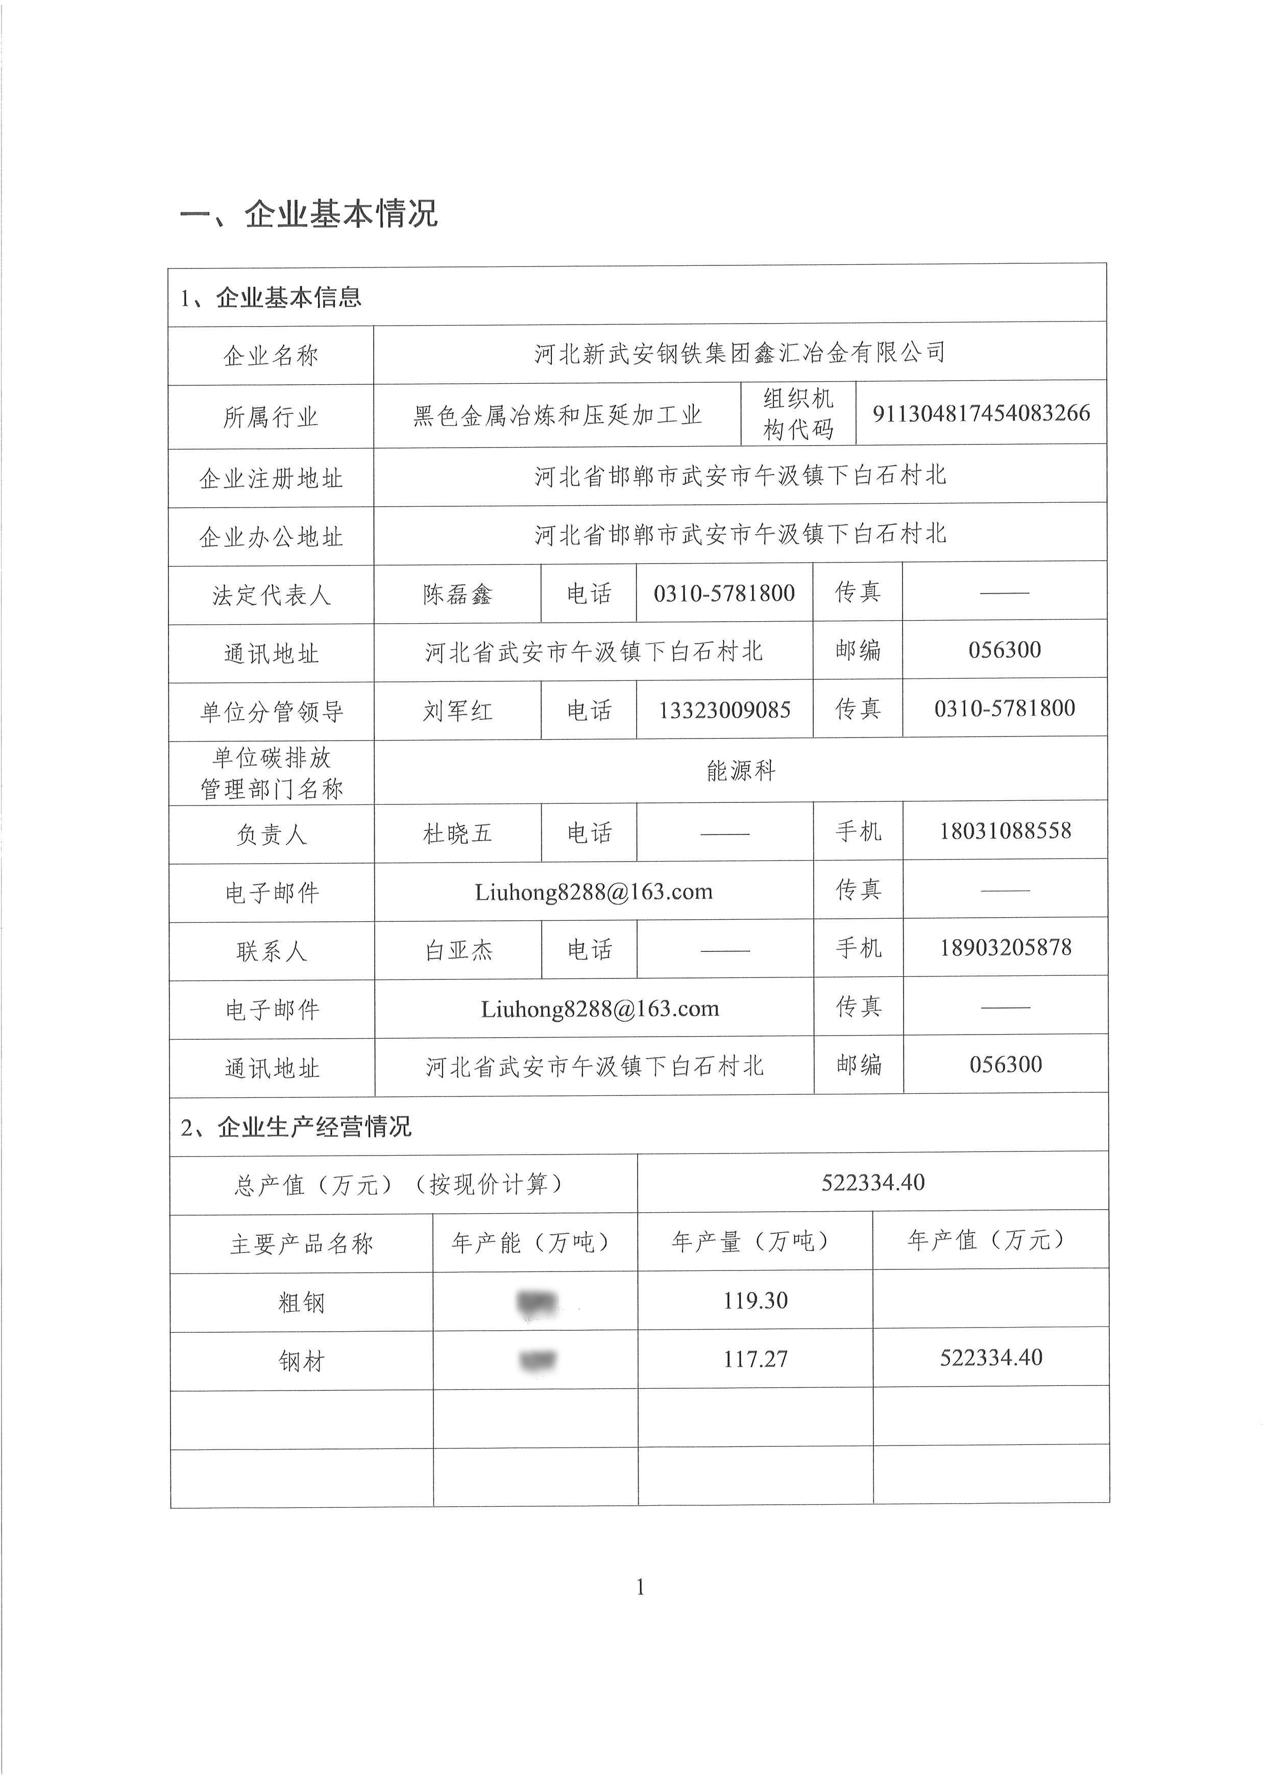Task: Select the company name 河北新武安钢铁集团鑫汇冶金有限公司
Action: click(x=739, y=353)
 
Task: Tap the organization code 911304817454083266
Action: click(x=981, y=413)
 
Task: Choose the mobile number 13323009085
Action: click(x=724, y=710)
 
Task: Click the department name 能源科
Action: click(x=741, y=771)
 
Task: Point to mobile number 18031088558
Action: click(x=1005, y=831)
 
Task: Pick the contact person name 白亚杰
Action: click(x=458, y=950)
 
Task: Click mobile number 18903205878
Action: click(x=1006, y=948)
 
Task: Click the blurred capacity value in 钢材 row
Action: click(x=537, y=1360)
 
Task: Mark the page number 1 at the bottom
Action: click(x=640, y=1586)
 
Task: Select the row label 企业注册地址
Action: click(x=271, y=478)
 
